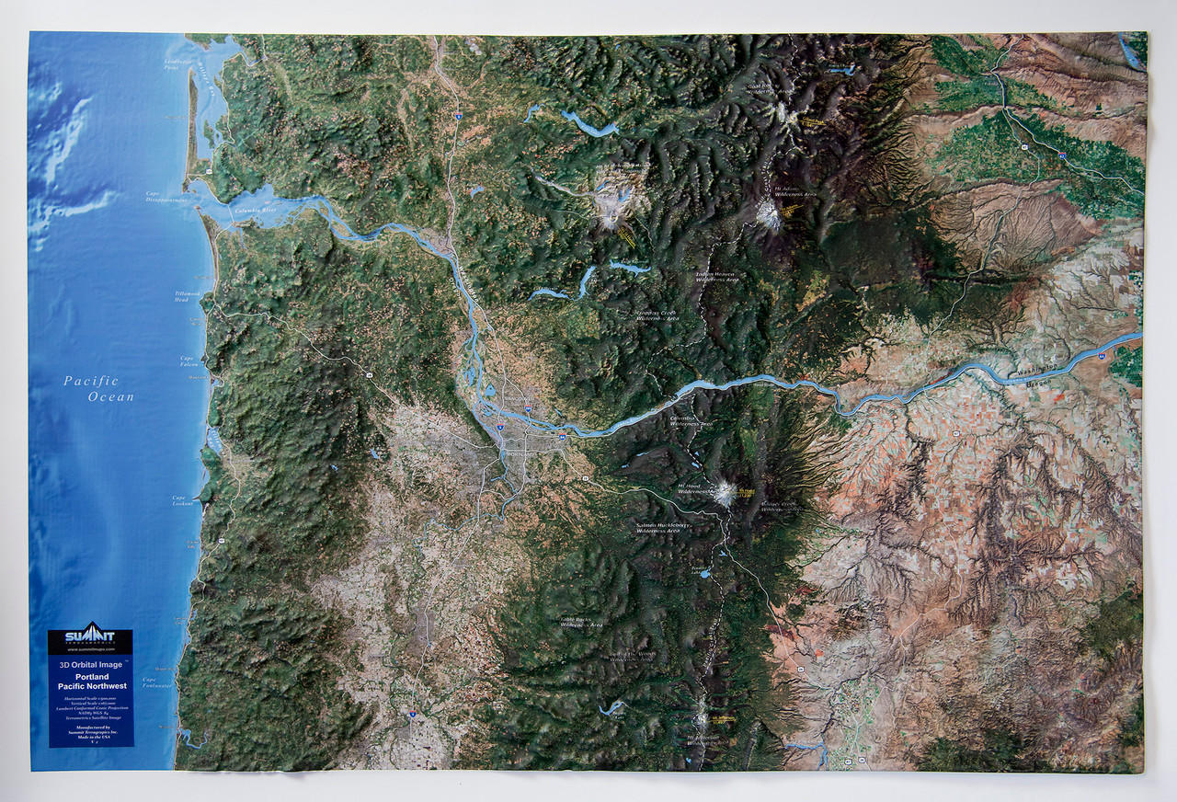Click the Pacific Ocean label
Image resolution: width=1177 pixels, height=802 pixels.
[98, 389]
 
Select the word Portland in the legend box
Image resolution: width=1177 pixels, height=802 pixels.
[91, 677]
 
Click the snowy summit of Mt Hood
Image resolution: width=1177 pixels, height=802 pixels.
[726, 494]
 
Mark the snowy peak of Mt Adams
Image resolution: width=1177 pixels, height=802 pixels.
[768, 214]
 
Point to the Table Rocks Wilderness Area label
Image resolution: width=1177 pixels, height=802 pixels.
[581, 623]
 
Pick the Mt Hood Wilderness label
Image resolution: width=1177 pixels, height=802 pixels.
[694, 489]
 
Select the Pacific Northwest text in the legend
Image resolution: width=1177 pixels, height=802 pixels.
[91, 686]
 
